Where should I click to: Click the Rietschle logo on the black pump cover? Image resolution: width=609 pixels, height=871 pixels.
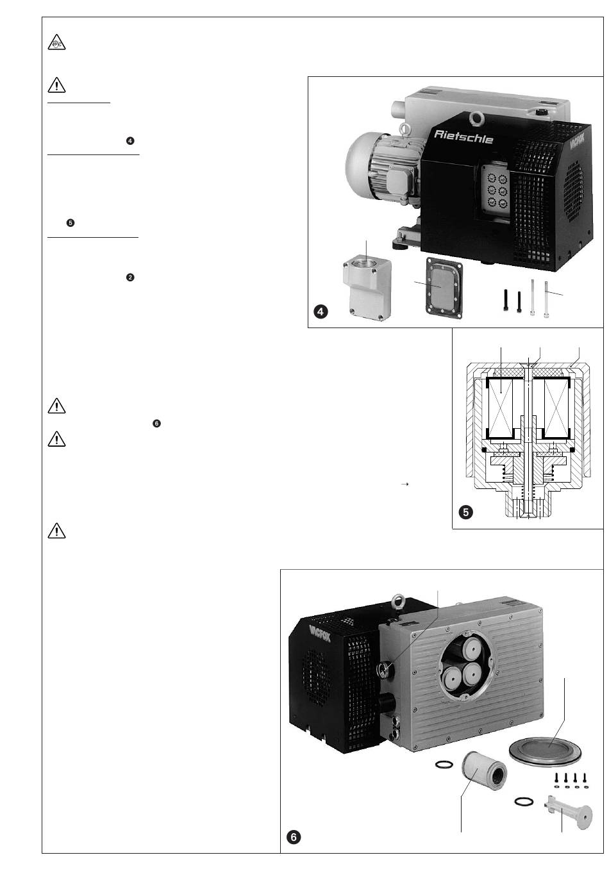pyautogui.click(x=463, y=135)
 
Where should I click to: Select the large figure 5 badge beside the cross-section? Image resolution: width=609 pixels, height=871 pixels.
pyautogui.click(x=467, y=513)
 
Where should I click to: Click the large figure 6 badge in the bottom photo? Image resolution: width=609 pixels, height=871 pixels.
pyautogui.click(x=293, y=837)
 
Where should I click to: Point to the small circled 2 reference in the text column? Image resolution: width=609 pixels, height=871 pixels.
pyautogui.click(x=130, y=277)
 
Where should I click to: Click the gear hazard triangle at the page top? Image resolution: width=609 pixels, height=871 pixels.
pyautogui.click(x=56, y=44)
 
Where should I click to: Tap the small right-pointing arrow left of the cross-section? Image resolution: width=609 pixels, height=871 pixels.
pyautogui.click(x=405, y=485)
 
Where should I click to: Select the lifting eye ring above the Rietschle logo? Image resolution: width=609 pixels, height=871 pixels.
pyautogui.click(x=476, y=117)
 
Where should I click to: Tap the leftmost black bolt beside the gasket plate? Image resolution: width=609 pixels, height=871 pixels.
pyautogui.click(x=506, y=300)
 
